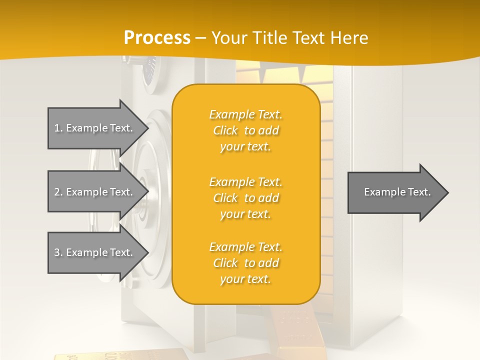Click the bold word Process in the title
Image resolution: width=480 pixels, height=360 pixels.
tap(157, 38)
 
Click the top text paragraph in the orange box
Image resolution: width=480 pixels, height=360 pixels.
tap(245, 130)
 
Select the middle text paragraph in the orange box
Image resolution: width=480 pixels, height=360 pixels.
tap(245, 198)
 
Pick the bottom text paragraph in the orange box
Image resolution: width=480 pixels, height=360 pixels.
tap(245, 263)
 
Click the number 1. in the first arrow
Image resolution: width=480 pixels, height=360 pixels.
tap(58, 128)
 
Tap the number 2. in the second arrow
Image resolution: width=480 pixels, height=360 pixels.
tap(58, 192)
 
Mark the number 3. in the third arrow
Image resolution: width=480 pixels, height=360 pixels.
tap(58, 252)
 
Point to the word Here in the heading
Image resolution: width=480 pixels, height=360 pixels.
tap(350, 38)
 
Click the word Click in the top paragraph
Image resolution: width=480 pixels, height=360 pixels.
tap(225, 130)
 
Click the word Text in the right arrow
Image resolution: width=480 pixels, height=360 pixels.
tap(419, 192)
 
